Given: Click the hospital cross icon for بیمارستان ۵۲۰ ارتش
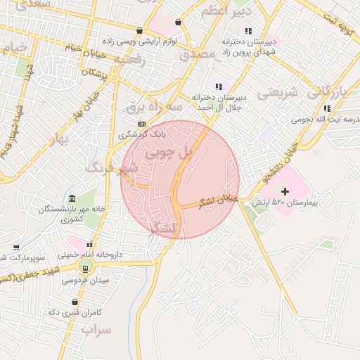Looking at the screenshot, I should [285, 191].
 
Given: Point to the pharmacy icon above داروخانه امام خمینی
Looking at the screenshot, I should [89, 244].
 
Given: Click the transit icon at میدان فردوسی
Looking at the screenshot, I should [85, 267].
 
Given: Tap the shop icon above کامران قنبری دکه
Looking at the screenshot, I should [75, 302].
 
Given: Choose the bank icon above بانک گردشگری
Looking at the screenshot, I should [141, 124].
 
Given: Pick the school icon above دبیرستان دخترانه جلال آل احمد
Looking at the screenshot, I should [218, 86].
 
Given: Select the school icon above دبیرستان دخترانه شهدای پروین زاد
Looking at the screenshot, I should [247, 31].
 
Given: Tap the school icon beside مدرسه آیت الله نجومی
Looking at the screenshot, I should [327, 108].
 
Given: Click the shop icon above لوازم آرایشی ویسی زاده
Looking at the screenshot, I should [140, 31].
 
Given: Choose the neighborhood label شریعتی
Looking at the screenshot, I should [278, 92].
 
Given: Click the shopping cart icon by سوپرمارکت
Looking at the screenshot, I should [16, 247].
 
